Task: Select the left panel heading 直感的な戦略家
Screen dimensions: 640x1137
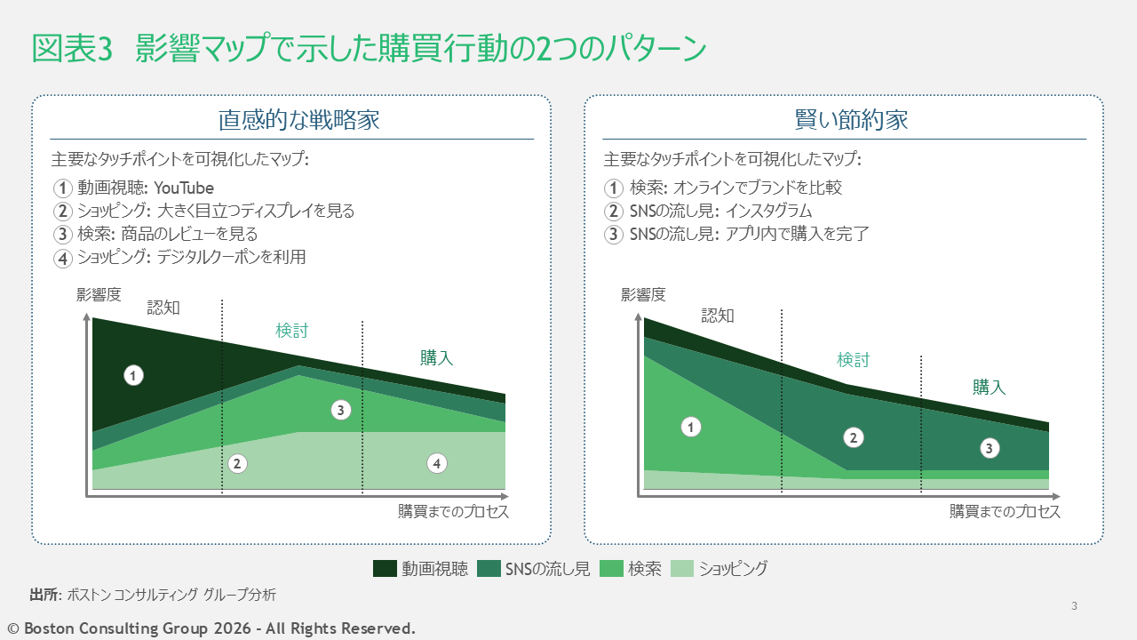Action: (x=299, y=120)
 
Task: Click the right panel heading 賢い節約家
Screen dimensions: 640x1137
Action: (x=851, y=120)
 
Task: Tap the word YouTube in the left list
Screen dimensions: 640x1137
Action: (x=184, y=188)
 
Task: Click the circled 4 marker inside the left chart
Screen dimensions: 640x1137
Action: (x=435, y=463)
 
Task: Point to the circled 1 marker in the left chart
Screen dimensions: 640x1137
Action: (x=133, y=375)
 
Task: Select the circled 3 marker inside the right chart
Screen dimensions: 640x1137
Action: (x=989, y=449)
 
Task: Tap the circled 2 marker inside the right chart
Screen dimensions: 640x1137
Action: (x=853, y=437)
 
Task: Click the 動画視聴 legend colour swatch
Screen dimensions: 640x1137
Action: (x=385, y=569)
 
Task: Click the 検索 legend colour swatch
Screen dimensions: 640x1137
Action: (x=612, y=569)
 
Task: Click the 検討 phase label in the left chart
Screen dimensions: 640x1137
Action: (x=291, y=331)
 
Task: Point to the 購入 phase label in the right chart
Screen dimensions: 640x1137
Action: (x=989, y=388)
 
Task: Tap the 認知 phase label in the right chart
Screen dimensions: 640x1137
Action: (x=718, y=316)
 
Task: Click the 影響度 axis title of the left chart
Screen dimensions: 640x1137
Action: (x=99, y=295)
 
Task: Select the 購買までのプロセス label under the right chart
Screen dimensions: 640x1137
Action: (x=1005, y=512)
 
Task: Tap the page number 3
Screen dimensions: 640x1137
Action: (x=1074, y=606)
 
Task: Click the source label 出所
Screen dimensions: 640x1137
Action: (x=43, y=594)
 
